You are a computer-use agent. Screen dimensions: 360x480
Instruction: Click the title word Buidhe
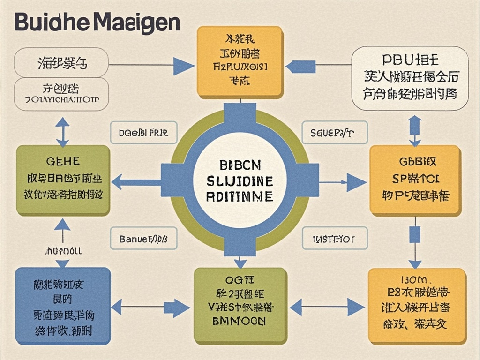point(51,22)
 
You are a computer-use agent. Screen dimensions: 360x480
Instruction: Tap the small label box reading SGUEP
point(332,133)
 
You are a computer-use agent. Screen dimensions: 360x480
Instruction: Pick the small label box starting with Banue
point(144,239)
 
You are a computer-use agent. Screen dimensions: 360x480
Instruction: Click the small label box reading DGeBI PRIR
point(144,133)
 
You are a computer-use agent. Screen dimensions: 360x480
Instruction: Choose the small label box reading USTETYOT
point(333,239)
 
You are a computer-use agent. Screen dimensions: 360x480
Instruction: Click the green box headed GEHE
point(63,180)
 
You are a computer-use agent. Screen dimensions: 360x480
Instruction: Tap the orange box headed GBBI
point(415,180)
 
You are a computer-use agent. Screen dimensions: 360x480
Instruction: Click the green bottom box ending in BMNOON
point(240,305)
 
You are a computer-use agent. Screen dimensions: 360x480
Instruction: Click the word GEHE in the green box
point(63,162)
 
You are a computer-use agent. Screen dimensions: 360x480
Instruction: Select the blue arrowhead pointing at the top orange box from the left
point(183,65)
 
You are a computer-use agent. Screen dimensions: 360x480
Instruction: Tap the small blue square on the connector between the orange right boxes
point(414,233)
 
